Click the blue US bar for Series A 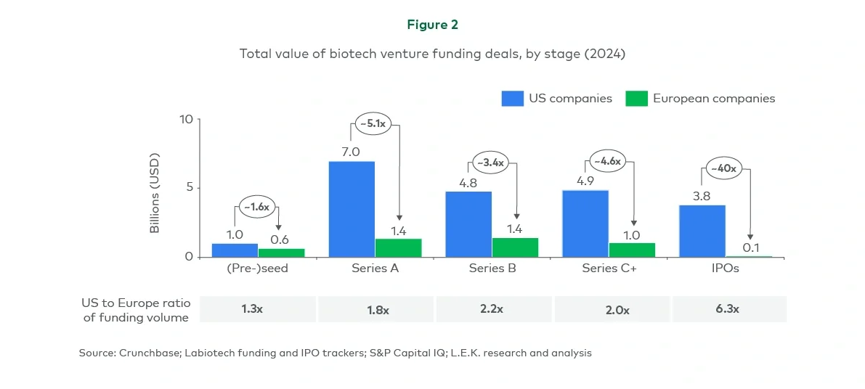pyautogui.click(x=352, y=209)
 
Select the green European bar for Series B pyautogui.click(x=515, y=247)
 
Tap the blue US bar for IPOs pyautogui.click(x=702, y=231)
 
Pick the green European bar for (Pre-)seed pyautogui.click(x=281, y=253)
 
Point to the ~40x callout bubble pyautogui.click(x=723, y=169)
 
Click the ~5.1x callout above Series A pyautogui.click(x=373, y=123)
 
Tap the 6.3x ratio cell pyautogui.click(x=729, y=308)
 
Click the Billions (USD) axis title pyautogui.click(x=155, y=193)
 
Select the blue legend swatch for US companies pyautogui.click(x=512, y=99)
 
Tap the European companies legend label pyautogui.click(x=713, y=99)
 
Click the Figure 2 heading pyautogui.click(x=432, y=25)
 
